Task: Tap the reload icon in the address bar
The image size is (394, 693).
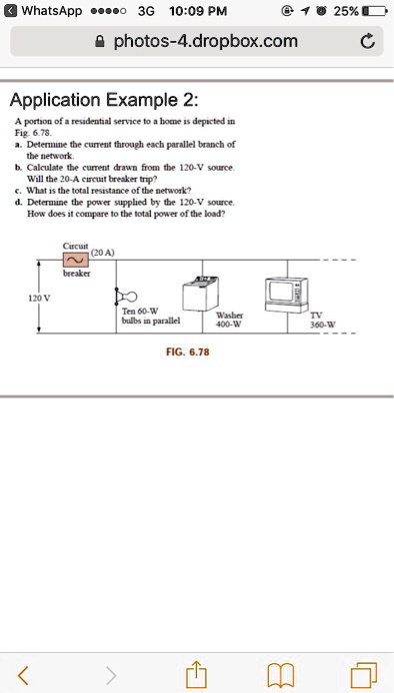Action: point(367,42)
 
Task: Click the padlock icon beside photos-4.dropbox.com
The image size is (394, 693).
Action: point(101,41)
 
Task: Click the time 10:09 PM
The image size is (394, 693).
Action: point(198,11)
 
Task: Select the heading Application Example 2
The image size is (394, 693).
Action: point(104,100)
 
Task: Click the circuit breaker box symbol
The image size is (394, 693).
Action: point(76,260)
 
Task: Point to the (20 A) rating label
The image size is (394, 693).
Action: point(103,253)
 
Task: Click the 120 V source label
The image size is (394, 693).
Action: point(39,298)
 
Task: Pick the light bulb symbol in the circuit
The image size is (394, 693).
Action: point(127,296)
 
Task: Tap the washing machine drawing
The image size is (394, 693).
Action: point(201,294)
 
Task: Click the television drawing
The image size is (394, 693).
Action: point(286,295)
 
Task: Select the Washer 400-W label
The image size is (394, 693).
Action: point(229,320)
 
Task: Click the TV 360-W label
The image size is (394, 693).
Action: point(323,321)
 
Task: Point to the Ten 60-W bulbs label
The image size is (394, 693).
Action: point(151,317)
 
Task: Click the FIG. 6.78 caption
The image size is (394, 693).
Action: point(188,351)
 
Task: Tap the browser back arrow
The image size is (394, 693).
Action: point(24,675)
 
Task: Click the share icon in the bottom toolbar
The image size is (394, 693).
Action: point(197,674)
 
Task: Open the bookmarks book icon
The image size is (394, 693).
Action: point(281,675)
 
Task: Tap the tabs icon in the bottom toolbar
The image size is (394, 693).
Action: point(365,675)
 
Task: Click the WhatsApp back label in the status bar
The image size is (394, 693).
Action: point(43,11)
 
